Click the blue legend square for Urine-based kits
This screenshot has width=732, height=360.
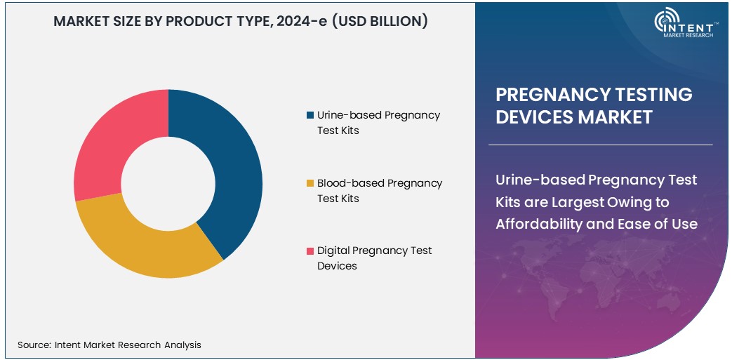pos(310,115)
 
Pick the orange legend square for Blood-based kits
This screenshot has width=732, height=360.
pos(310,183)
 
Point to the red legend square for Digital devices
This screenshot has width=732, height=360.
pos(310,251)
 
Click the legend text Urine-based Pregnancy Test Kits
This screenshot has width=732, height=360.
pos(378,122)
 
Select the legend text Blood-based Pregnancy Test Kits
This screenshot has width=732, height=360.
pos(379,190)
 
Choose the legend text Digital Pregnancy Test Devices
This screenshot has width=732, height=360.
pos(374,258)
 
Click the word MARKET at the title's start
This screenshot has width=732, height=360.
pos(82,21)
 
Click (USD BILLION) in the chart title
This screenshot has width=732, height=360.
pos(380,21)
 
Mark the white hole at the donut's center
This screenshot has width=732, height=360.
pos(168,184)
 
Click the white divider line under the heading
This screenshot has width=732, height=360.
pos(600,145)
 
